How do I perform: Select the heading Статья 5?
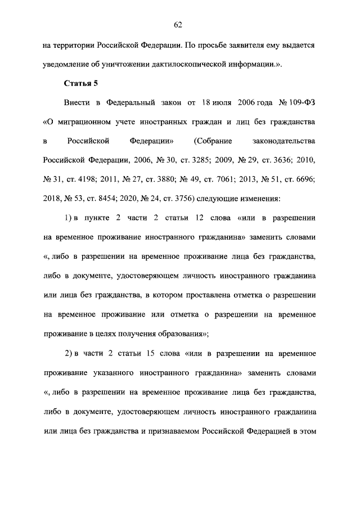point(82,84)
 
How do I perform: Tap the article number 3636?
point(287,160)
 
